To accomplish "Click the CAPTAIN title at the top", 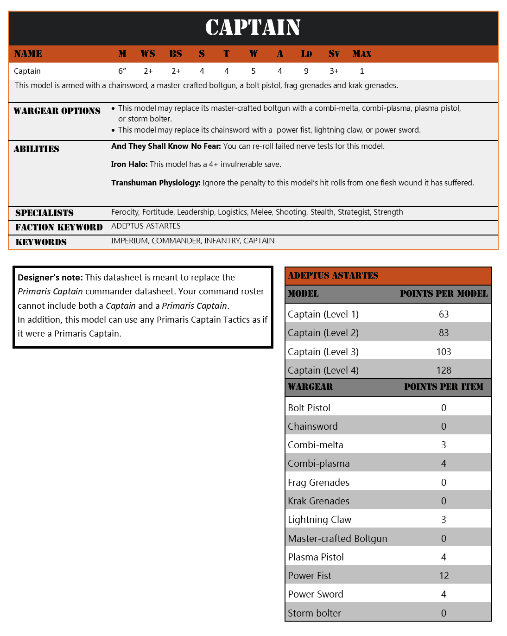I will (253, 27).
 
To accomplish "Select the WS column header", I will (148, 54).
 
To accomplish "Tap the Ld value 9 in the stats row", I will (306, 71).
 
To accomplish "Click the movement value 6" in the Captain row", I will (122, 71).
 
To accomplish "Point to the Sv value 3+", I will (334, 71).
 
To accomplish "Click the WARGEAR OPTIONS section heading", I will (57, 111).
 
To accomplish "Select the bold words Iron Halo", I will (129, 164).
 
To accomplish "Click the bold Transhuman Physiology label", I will (156, 183).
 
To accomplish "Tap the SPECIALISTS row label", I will (44, 213).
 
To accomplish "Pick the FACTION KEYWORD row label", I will (59, 227).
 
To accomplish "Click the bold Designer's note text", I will (50, 278).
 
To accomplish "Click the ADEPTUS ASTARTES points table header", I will (333, 276).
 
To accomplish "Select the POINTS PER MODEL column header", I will (444, 294).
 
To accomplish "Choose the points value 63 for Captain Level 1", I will (444, 314).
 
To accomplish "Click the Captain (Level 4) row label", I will (323, 370).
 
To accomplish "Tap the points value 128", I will (444, 370).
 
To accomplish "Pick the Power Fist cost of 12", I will (444, 576).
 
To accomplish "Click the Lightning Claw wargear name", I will (319, 520).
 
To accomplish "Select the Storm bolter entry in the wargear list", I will (314, 613).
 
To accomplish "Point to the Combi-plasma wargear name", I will (318, 464).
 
